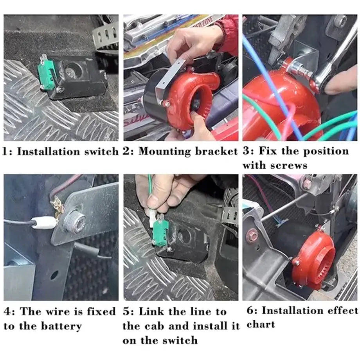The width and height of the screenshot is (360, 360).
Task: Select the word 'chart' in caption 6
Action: [x=261, y=325]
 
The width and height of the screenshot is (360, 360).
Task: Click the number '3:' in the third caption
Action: [x=248, y=151]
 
